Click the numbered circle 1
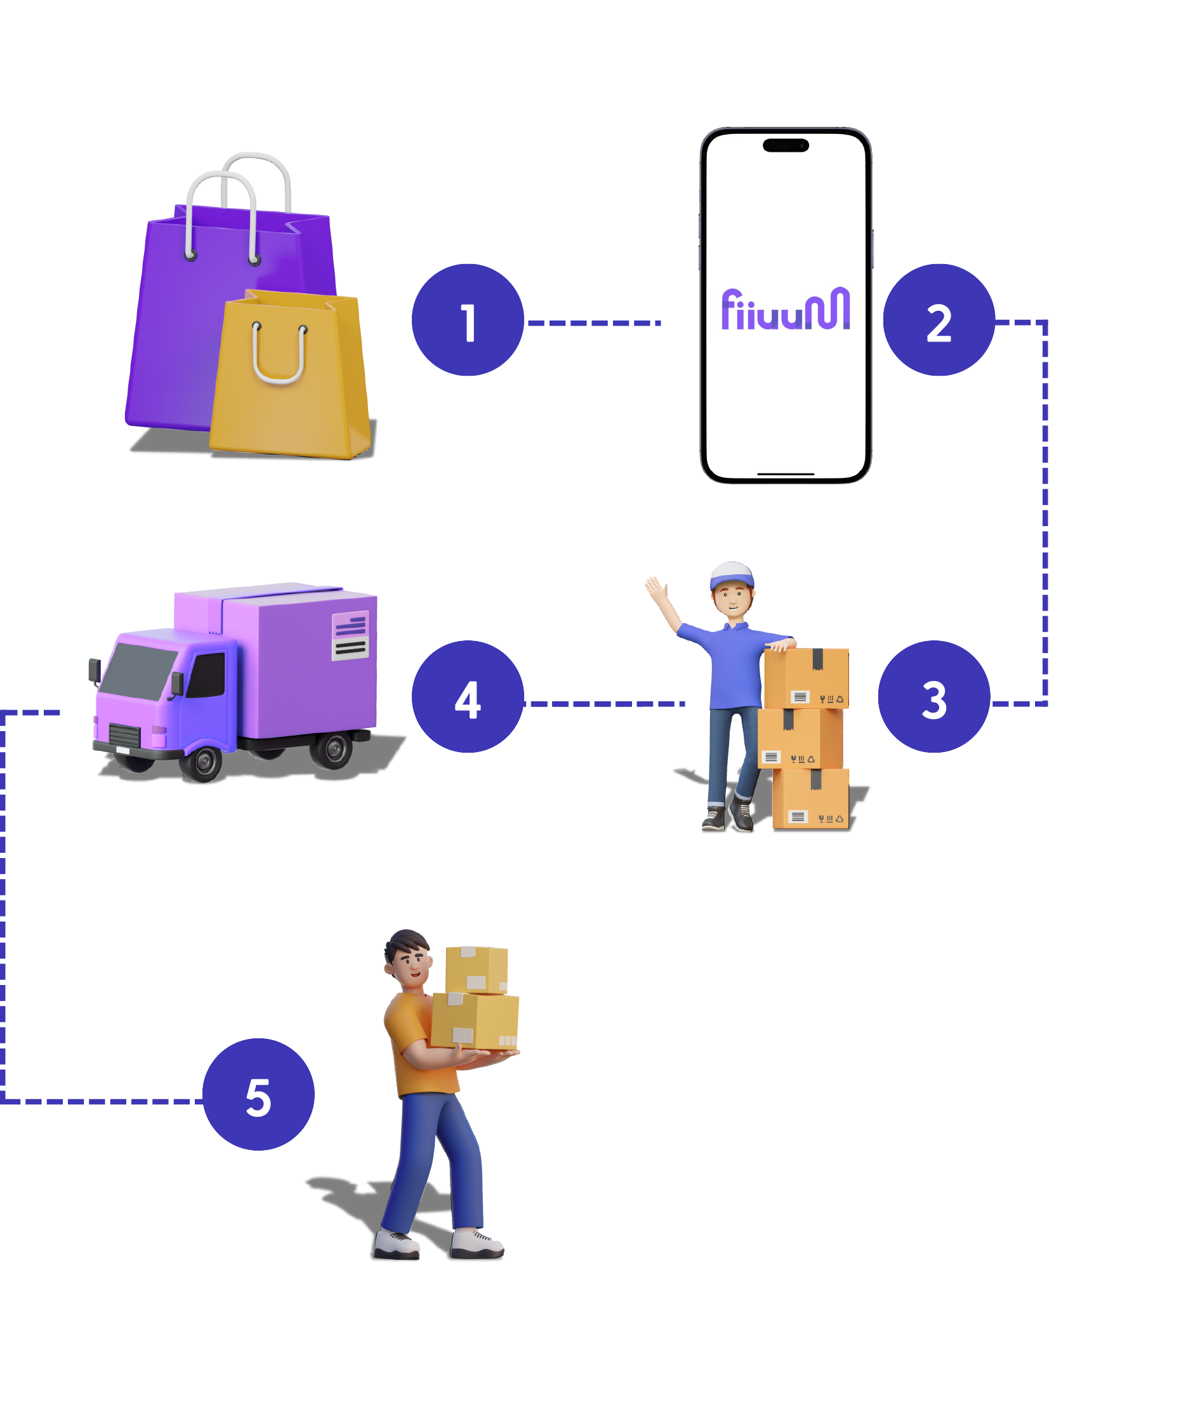467,320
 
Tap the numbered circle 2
939,320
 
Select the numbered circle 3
933,696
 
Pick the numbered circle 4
467,696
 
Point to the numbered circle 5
258,1094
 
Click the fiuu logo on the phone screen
786,310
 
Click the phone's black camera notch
786,145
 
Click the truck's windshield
140,669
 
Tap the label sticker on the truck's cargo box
350,635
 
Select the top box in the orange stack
806,677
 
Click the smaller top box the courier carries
476,969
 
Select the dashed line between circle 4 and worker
604,704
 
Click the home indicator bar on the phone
786,474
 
